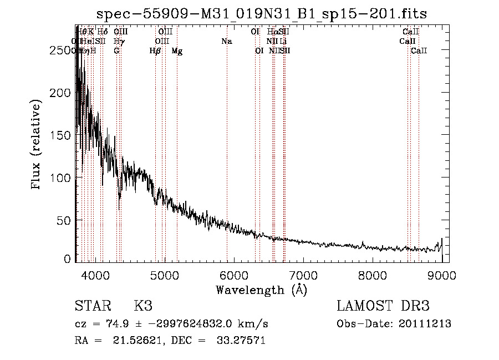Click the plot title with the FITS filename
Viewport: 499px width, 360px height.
pos(262,14)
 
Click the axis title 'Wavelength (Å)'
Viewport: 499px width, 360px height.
pos(261,290)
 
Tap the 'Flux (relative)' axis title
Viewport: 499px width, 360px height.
pos(37,145)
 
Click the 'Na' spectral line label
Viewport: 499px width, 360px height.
pos(226,42)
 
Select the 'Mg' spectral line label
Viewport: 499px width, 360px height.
pos(177,51)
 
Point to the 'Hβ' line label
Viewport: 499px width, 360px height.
pos(155,51)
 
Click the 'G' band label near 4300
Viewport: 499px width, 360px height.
pos(116,51)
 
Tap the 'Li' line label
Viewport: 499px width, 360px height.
pos(283,42)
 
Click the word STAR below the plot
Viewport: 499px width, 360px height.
pos(91,306)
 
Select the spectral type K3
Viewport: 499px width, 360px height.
pos(142,306)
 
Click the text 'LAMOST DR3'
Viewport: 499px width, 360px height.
pos(383,306)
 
